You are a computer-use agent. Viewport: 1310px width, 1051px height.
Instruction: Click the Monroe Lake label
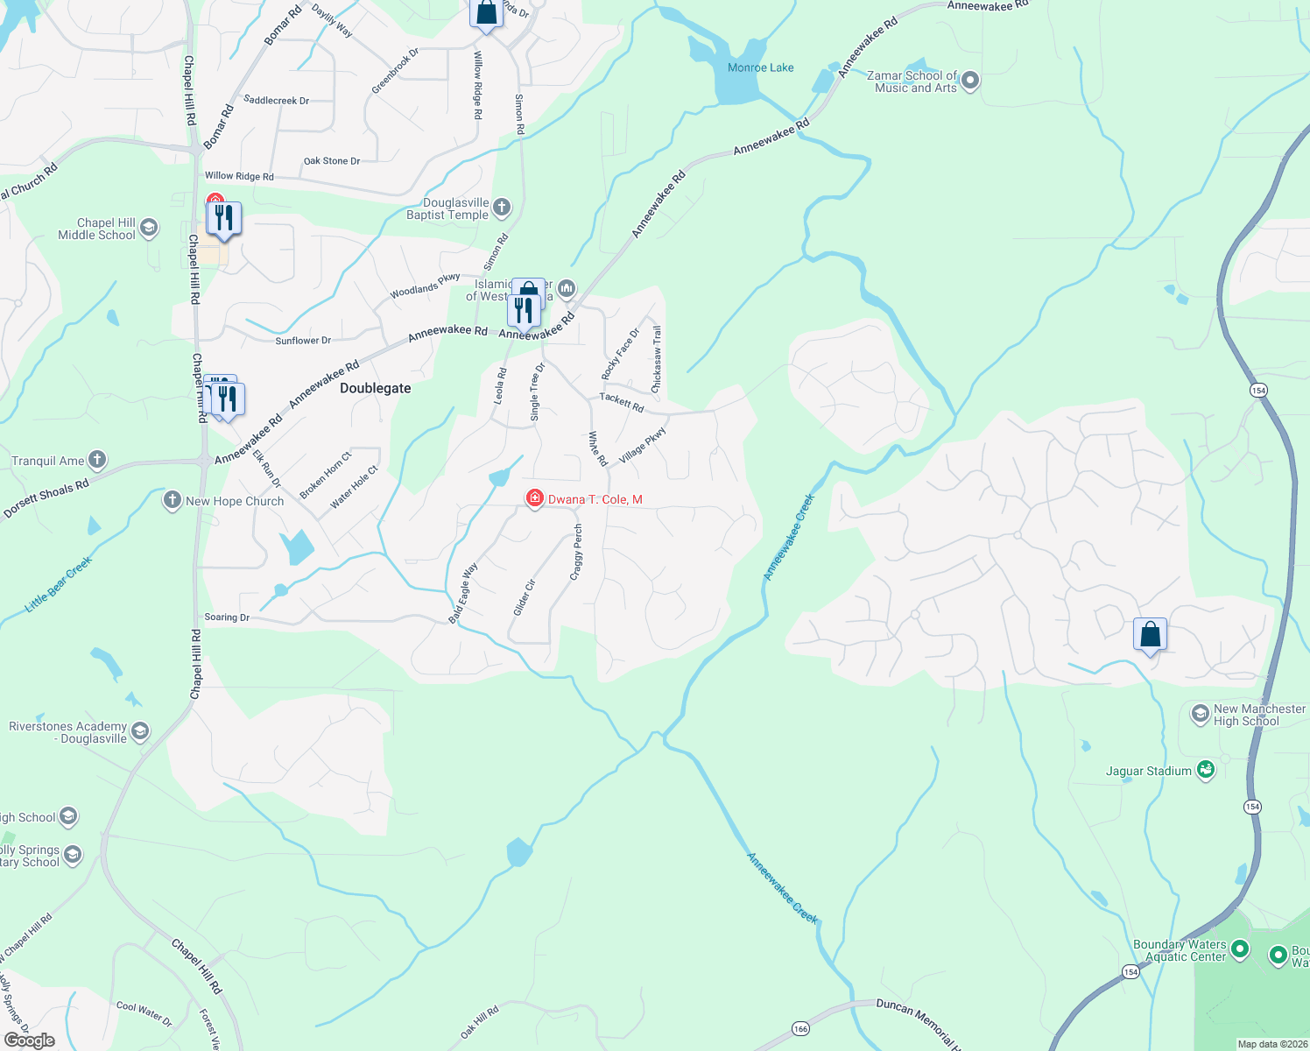pos(760,67)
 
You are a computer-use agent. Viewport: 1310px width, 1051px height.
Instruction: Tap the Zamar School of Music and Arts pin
pos(969,81)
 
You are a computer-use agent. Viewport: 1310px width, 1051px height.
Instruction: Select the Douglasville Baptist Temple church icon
pos(501,208)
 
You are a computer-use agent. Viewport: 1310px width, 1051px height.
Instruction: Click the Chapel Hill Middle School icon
pos(149,229)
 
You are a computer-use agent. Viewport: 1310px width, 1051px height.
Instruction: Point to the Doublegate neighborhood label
pos(375,388)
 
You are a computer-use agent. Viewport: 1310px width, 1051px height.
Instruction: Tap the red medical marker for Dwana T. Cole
pos(534,498)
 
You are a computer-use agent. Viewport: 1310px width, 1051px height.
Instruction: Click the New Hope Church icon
pos(173,501)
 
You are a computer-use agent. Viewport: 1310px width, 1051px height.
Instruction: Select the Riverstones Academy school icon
pos(140,731)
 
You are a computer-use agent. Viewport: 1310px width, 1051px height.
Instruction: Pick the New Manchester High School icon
pos(1201,715)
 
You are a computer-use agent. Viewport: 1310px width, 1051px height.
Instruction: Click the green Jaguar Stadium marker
pos(1206,770)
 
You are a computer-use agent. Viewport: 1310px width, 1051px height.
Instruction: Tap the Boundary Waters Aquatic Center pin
pos(1239,949)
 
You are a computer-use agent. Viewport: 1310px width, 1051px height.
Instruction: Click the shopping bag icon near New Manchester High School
pos(1150,634)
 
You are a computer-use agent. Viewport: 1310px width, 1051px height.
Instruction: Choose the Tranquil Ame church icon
pos(97,460)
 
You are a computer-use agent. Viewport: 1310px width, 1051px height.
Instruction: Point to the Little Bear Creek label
pos(59,583)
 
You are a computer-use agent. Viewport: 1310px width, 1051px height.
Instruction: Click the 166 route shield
pos(800,1028)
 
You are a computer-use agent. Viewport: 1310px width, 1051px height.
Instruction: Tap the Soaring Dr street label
pos(227,617)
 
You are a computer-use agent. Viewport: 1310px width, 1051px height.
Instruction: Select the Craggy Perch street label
pos(576,552)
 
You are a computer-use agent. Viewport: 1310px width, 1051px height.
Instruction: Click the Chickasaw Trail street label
pos(657,359)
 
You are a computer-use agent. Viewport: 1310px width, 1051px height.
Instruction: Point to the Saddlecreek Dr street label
pos(276,101)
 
